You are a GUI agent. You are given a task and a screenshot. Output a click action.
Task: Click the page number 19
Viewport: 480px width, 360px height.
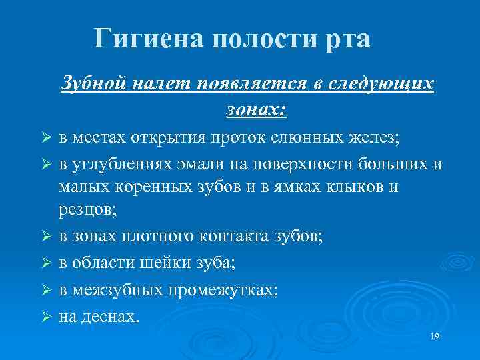coord(435,337)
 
